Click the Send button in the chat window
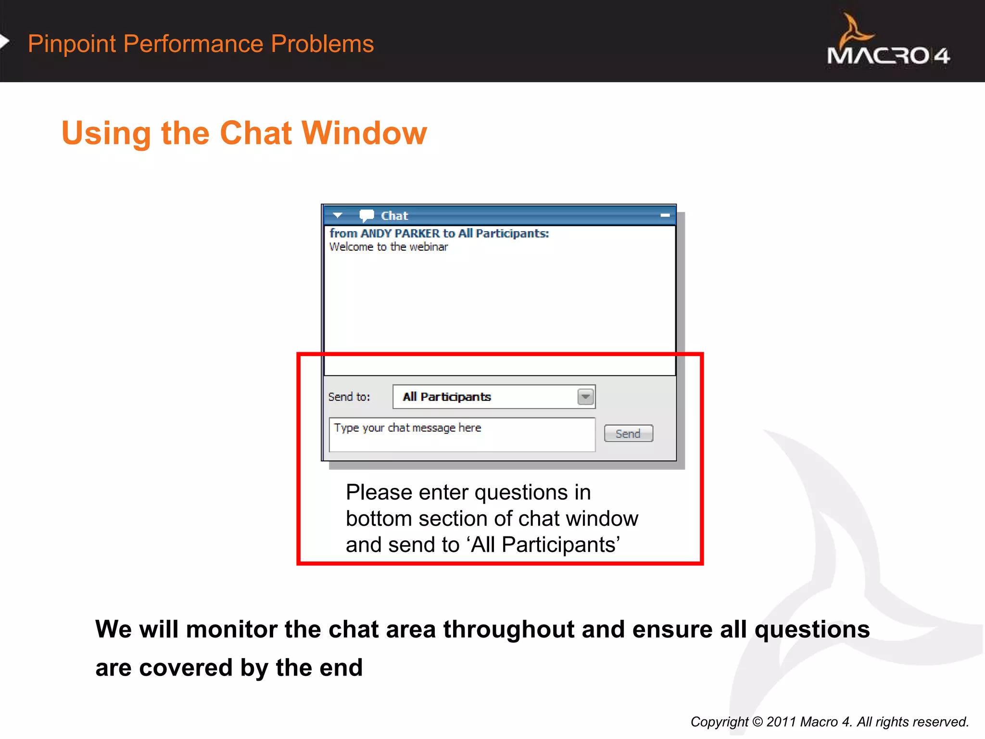(628, 433)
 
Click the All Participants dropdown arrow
(585, 397)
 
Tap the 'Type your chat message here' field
(462, 434)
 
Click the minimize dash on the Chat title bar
(665, 216)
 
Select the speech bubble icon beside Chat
(366, 216)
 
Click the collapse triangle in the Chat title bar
(338, 216)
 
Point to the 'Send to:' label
(349, 397)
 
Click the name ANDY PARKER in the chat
(400, 233)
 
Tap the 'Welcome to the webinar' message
(389, 247)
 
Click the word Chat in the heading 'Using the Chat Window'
(255, 133)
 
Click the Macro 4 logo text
(888, 56)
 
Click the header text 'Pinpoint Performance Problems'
(201, 44)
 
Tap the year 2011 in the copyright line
(781, 722)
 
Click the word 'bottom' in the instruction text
(379, 519)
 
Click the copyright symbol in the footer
(758, 722)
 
